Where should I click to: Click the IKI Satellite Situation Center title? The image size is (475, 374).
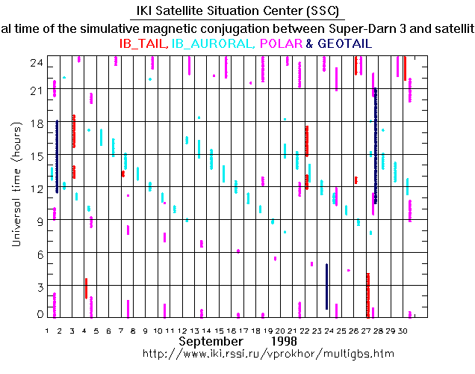tap(237, 11)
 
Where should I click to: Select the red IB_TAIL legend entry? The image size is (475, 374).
tap(143, 44)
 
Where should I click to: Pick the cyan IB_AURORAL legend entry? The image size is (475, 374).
tap(211, 44)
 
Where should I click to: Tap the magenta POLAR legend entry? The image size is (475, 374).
tap(280, 44)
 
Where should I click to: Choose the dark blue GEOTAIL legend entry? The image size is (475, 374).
tap(344, 44)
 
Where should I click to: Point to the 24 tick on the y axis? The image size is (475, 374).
tap(35, 63)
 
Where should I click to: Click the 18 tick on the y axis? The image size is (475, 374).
tap(35, 122)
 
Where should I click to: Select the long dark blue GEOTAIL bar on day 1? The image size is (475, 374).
tap(57, 157)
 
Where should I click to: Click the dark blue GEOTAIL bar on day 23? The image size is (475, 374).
tap(327, 286)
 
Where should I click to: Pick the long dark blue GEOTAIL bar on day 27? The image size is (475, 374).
tap(376, 146)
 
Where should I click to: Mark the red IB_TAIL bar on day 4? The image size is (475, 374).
tap(86, 288)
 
